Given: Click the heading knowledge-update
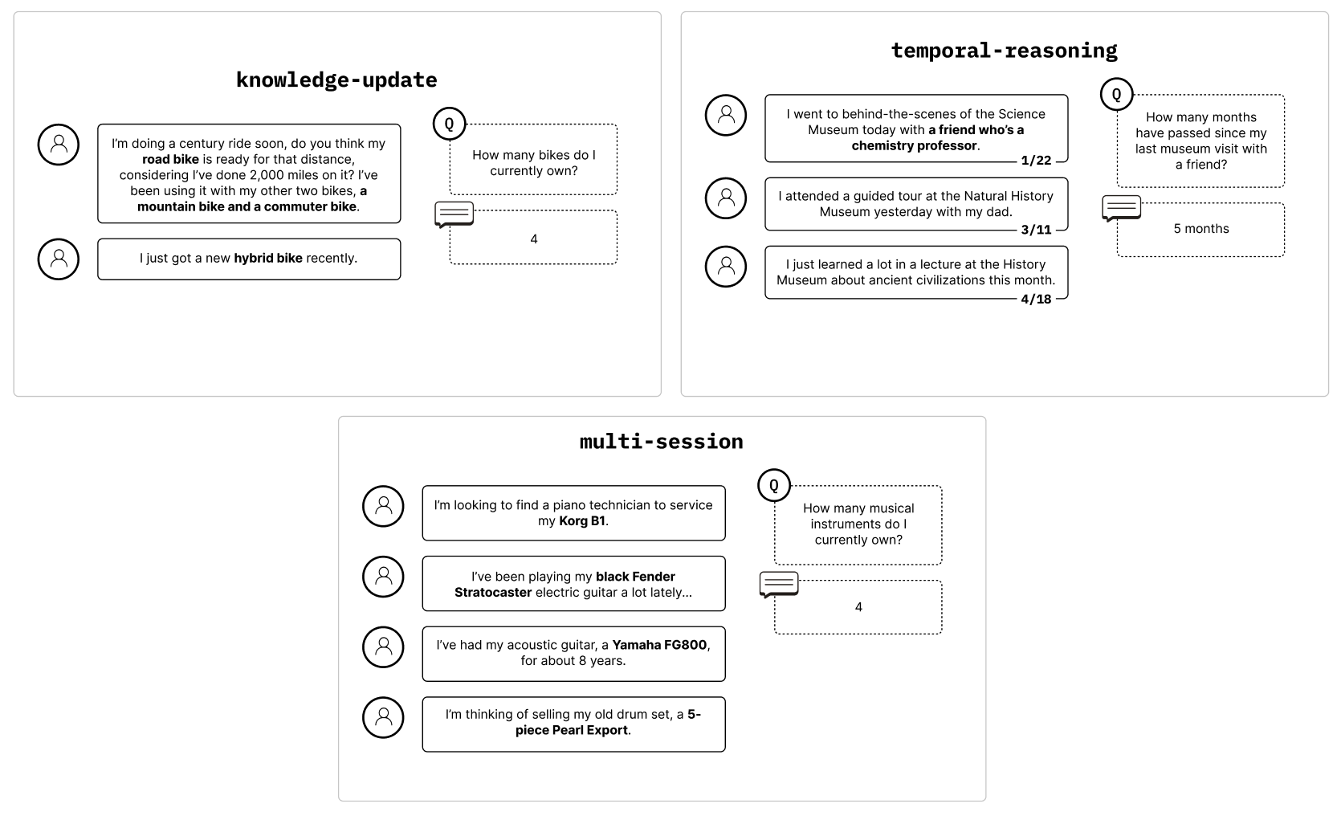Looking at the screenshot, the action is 336,80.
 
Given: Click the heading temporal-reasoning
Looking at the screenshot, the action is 1004,51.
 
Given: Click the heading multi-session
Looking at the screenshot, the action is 662,442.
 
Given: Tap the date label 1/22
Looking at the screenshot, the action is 1036,161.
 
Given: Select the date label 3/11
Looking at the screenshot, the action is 1036,230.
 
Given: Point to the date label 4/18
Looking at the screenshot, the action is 1036,299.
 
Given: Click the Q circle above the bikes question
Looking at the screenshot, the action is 449,124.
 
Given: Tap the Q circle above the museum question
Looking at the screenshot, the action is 1116,94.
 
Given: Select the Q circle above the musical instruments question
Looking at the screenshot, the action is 774,485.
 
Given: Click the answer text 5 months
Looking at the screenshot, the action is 1201,229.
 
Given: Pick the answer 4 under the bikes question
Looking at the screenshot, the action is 533,239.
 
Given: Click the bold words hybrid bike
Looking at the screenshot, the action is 268,258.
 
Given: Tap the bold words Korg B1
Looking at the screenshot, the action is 582,521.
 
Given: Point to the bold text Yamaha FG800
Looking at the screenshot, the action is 660,645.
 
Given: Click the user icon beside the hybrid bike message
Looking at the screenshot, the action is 59,259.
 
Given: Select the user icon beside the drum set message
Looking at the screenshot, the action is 383,717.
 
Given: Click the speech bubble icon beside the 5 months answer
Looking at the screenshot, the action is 1121,209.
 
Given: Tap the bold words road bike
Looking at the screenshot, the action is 170,159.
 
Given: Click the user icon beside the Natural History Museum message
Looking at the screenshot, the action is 726,198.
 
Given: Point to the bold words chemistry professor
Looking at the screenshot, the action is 914,145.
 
